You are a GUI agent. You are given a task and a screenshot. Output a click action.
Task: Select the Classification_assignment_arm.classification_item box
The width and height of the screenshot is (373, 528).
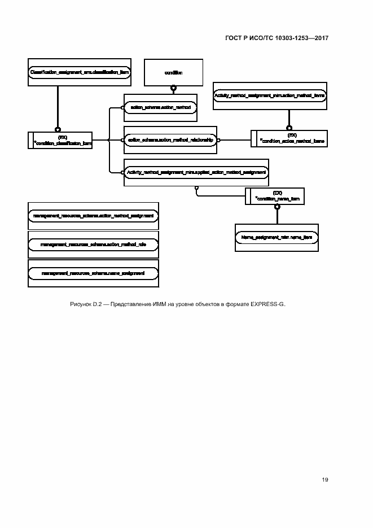coord(79,72)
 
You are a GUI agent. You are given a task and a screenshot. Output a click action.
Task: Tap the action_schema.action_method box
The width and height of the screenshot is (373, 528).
coord(160,107)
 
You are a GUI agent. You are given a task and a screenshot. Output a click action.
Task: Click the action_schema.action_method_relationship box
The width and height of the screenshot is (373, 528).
coord(170,140)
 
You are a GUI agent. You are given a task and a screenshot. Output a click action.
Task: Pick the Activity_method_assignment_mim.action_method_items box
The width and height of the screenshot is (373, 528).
coord(269,96)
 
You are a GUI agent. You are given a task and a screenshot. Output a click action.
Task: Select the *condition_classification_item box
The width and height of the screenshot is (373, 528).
coord(60,140)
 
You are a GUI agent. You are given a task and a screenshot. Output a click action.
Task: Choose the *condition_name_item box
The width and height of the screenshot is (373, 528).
coord(275,196)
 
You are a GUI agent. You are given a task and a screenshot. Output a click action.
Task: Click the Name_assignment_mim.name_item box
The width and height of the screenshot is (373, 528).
coord(277,238)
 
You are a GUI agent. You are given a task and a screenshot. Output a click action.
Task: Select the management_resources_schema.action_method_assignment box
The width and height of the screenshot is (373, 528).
coord(93,216)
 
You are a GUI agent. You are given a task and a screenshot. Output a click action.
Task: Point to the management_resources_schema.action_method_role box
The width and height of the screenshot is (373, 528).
coord(93,245)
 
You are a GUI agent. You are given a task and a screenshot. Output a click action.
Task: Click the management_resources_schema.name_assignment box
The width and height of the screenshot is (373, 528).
coord(93,273)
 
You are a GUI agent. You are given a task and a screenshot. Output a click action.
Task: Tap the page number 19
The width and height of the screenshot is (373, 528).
coord(325,479)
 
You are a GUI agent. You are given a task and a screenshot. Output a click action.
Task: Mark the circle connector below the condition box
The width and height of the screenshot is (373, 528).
coord(174,89)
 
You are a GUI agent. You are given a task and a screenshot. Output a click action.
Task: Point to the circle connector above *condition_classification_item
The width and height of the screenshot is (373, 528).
coord(57,128)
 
